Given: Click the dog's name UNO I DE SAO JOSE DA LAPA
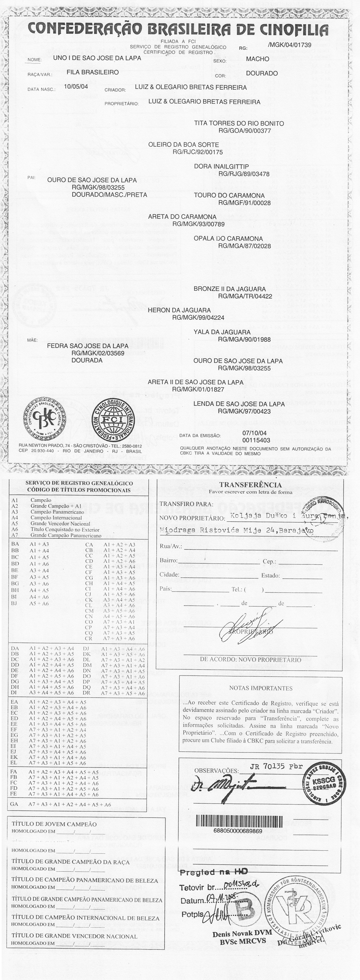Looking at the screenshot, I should click(x=97, y=58).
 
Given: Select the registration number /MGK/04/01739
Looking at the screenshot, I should click(x=290, y=45).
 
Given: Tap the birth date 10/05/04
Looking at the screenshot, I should click(x=76, y=87).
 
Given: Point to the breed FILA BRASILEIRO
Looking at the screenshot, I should click(x=93, y=72).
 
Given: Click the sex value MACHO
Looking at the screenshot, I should click(x=257, y=59).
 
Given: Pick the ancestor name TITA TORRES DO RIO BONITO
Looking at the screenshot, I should click(x=239, y=123).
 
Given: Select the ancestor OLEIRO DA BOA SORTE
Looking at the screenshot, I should click(x=183, y=145).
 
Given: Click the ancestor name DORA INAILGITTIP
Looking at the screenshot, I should click(x=221, y=167).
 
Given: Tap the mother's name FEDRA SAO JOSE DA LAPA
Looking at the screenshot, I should click(x=87, y=346).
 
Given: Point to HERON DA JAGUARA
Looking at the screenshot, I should click(x=179, y=310).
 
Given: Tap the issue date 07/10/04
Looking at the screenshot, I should click(x=254, y=433).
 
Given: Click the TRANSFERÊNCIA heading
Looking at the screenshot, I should click(x=250, y=485).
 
